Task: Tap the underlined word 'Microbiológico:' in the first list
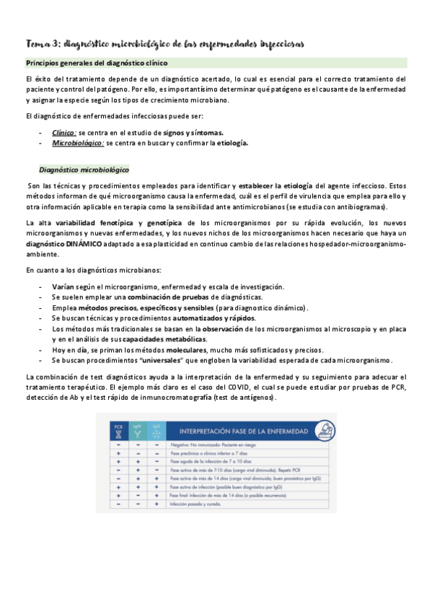coord(78,143)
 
